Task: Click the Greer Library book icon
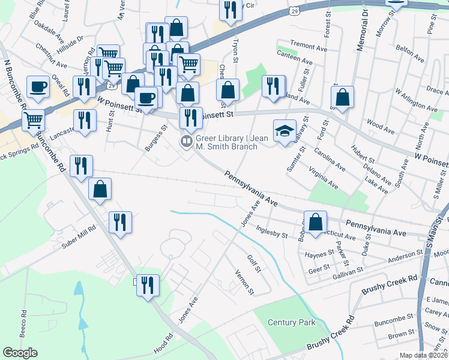point(187,142)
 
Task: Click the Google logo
point(20,353)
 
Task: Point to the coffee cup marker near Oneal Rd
point(39,86)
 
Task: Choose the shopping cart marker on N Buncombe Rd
point(33,119)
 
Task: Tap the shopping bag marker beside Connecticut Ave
point(315,222)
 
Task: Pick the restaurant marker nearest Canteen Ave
point(273,86)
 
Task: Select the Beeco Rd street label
point(24,322)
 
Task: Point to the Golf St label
point(254,262)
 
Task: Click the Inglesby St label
point(272,232)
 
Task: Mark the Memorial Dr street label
point(363,29)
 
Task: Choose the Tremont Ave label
point(308,44)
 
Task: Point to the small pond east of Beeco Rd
point(79,290)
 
